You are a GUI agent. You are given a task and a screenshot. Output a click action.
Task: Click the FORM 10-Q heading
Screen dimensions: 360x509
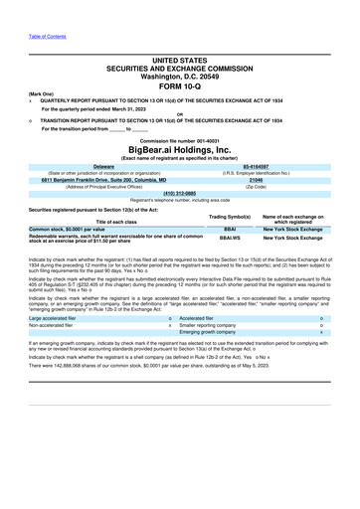pos(180,85)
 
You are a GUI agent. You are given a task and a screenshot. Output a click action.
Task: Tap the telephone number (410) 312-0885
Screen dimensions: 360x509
pos(179,194)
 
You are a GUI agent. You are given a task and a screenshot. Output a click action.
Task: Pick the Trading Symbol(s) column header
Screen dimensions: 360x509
pos(229,216)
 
